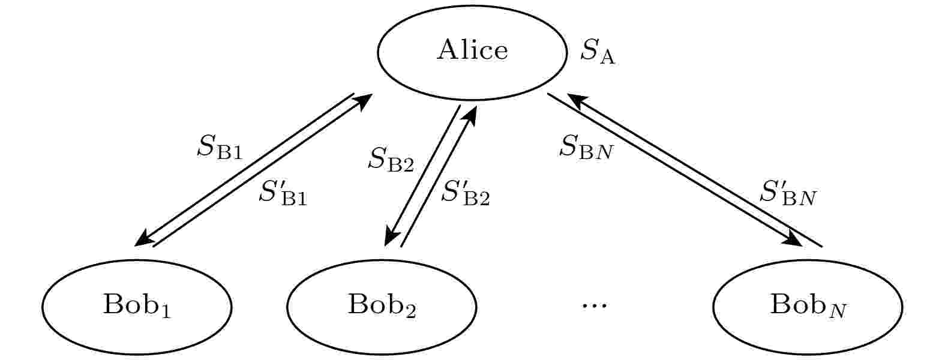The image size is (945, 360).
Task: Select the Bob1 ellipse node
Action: tap(137, 306)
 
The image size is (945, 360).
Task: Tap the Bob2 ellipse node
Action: tap(382, 306)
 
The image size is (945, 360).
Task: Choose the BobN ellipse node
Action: tap(808, 306)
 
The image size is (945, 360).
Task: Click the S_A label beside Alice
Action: tap(598, 53)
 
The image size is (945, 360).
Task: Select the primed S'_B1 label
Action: tap(283, 193)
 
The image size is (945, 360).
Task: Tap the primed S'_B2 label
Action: tap(466, 193)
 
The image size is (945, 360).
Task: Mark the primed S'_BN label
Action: tap(788, 193)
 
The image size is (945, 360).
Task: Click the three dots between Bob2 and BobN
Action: tap(595, 305)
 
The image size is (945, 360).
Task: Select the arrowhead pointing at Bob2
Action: tap(391, 239)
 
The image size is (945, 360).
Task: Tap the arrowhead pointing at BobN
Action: tap(796, 239)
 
